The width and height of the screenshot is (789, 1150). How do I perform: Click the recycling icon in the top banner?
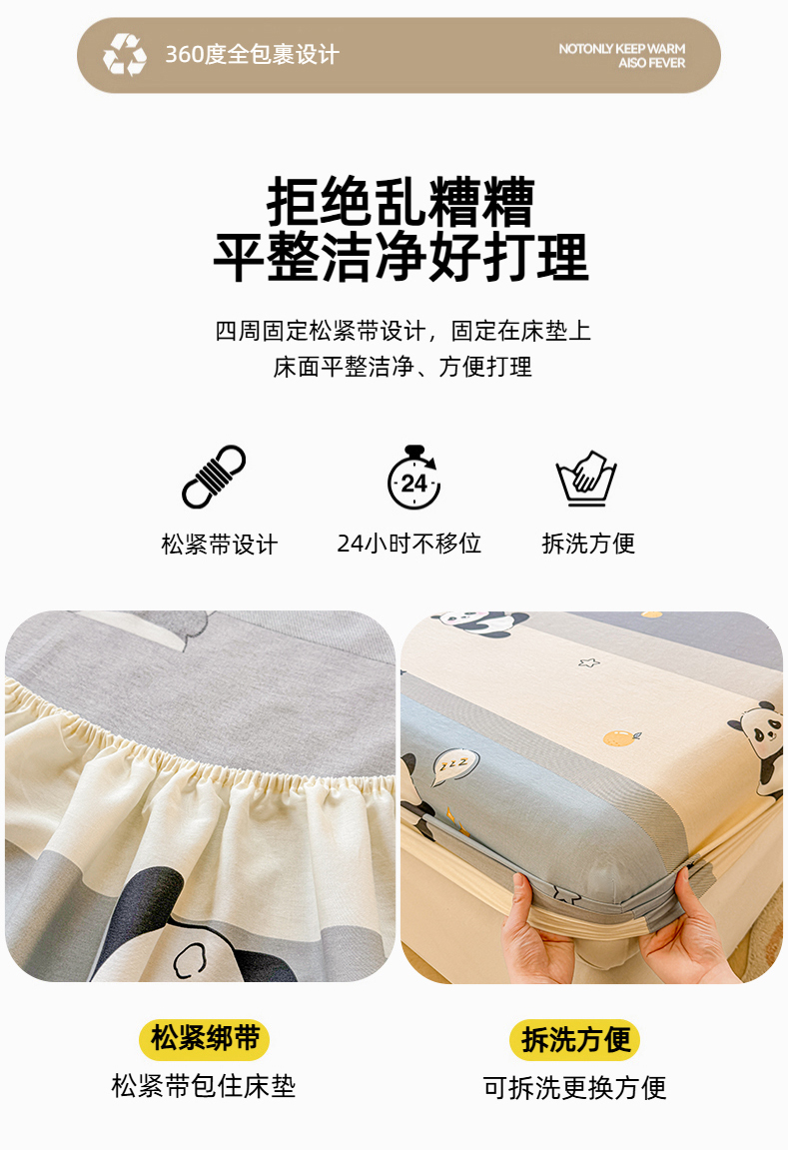click(x=124, y=54)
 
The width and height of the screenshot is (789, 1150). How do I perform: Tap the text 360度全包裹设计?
click(x=252, y=54)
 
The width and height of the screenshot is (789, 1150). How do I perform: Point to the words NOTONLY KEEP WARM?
click(x=622, y=49)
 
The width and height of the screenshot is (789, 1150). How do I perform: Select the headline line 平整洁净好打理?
click(x=400, y=258)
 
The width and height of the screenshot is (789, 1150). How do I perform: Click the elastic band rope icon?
click(x=214, y=477)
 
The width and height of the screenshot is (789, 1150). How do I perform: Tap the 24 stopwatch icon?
click(x=413, y=477)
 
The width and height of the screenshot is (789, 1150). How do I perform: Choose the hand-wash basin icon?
click(x=586, y=479)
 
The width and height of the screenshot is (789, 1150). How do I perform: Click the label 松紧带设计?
click(x=220, y=545)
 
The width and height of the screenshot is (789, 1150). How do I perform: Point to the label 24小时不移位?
click(x=408, y=544)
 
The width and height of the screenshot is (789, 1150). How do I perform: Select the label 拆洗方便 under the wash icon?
click(x=588, y=544)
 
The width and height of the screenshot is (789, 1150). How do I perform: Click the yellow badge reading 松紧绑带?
click(x=205, y=1039)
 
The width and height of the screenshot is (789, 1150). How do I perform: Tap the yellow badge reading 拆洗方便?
click(x=575, y=1040)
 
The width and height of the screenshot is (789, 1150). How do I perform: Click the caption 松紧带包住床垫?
click(x=204, y=1086)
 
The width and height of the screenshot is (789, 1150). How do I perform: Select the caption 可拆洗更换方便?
click(x=575, y=1088)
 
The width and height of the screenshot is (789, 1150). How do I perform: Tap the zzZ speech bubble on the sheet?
click(x=452, y=765)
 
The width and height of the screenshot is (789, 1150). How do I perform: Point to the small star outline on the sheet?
click(x=589, y=663)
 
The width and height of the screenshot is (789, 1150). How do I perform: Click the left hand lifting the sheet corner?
click(x=533, y=927)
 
